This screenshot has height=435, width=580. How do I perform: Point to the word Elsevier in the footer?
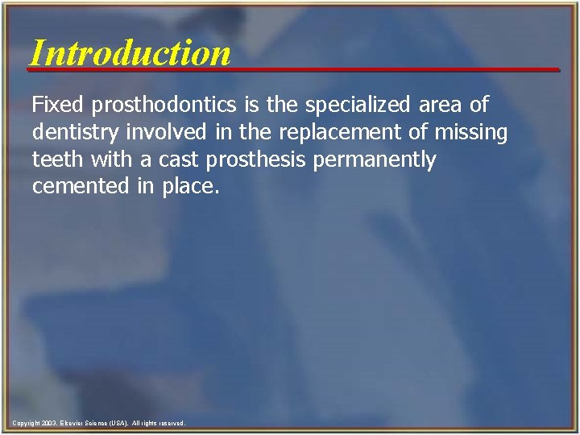coord(70,423)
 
